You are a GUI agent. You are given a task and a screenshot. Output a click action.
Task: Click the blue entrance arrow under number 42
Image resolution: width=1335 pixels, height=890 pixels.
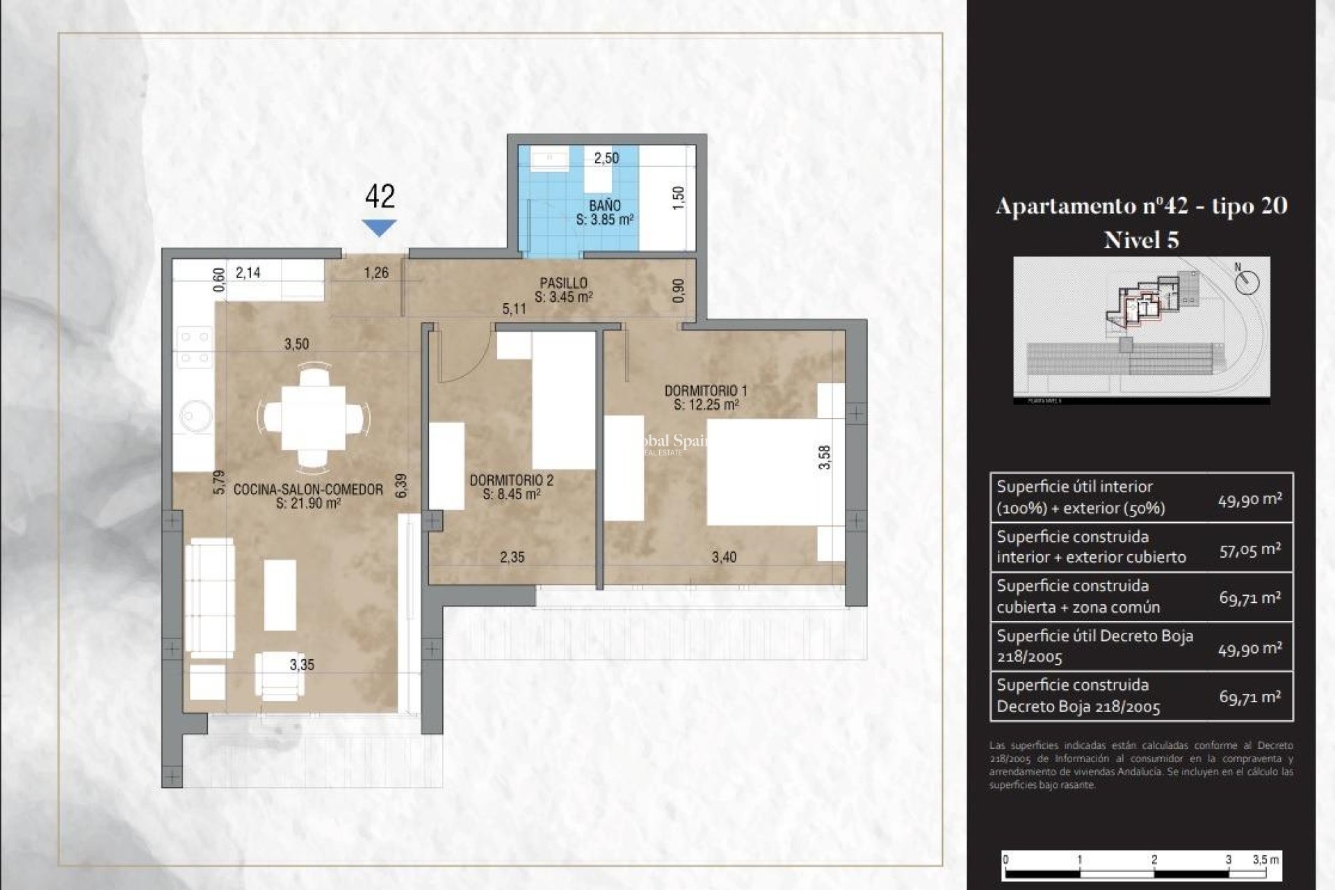[x=380, y=227]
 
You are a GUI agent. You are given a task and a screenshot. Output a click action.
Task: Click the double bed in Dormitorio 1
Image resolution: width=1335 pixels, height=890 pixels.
[x=768, y=471]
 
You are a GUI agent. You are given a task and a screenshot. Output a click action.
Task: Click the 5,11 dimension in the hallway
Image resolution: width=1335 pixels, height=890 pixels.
[x=514, y=309]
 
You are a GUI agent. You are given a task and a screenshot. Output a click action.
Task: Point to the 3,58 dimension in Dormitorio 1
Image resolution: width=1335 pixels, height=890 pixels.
[x=825, y=457]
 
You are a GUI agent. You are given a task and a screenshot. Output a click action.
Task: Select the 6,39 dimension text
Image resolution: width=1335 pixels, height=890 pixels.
[x=401, y=485]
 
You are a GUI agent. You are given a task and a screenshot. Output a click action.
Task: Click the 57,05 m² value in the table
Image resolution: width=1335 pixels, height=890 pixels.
[x=1249, y=549]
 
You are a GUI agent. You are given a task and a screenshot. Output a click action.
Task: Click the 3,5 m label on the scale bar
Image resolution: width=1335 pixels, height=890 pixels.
[x=1265, y=859]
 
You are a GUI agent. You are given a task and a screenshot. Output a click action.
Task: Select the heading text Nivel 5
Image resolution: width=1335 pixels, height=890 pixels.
[x=1141, y=240]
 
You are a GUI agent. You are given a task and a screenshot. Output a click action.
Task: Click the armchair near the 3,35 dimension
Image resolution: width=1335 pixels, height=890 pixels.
[x=279, y=674]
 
